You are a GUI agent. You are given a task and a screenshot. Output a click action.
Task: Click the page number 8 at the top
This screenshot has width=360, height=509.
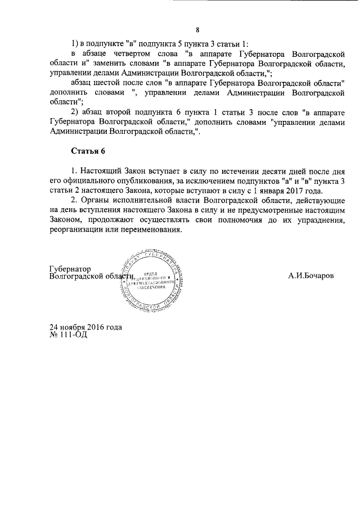pos(197,30)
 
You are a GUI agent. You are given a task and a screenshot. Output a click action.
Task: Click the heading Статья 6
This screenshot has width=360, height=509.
pos(88,152)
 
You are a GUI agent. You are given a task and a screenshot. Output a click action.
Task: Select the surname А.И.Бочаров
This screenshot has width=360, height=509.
pos(310,276)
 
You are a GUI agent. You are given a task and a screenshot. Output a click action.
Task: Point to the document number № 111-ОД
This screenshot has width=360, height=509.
pos(69,334)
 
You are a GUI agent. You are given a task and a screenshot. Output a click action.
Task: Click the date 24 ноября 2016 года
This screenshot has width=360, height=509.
pos(85,327)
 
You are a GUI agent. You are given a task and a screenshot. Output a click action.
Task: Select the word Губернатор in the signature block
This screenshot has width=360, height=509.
pos(70,269)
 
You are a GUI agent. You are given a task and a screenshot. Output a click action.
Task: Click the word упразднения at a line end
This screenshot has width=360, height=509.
pos(318,219)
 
